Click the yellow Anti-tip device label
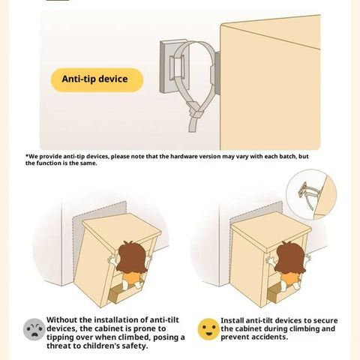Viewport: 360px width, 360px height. click(97, 79)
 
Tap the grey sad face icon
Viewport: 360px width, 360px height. click(34, 329)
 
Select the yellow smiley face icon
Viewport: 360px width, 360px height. click(208, 329)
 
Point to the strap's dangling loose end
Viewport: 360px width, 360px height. click(193, 124)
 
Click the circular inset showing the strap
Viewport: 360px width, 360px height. click(311, 194)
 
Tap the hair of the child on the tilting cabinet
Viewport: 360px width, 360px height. click(132, 257)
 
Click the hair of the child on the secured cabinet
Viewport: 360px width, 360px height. click(290, 257)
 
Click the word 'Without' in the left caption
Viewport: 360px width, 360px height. click(61, 320)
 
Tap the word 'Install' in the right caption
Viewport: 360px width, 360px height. click(232, 320)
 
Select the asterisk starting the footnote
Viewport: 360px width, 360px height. click(27, 156)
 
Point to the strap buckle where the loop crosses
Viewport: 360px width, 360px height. click(196, 111)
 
